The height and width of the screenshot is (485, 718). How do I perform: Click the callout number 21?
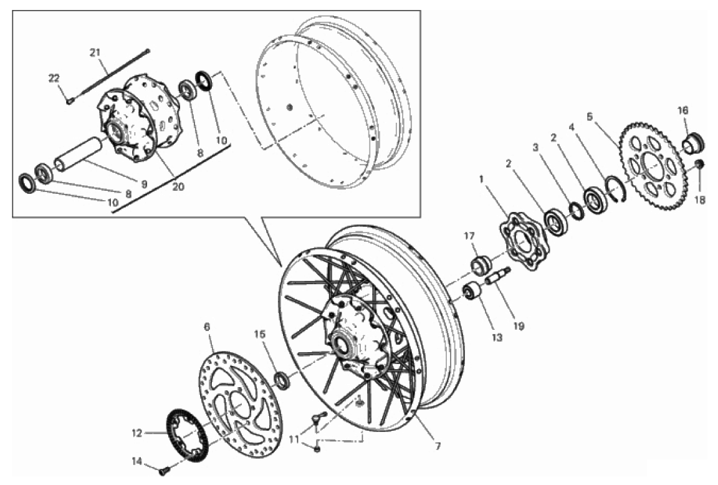(x=95, y=52)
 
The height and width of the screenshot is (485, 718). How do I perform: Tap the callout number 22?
(x=54, y=79)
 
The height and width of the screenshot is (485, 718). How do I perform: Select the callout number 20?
(x=178, y=186)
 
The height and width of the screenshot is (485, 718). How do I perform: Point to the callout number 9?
(x=144, y=184)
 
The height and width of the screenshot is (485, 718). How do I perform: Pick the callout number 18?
(x=700, y=199)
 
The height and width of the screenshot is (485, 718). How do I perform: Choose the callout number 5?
(x=590, y=117)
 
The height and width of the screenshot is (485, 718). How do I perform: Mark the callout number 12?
(x=137, y=433)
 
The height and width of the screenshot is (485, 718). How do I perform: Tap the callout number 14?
(x=137, y=462)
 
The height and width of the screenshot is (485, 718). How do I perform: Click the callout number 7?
(x=438, y=446)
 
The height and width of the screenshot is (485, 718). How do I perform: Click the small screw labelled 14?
(x=164, y=469)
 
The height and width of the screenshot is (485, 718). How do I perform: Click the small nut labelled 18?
(x=699, y=164)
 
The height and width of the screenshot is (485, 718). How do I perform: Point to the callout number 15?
(x=260, y=335)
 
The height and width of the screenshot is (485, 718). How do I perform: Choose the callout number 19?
(x=519, y=326)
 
